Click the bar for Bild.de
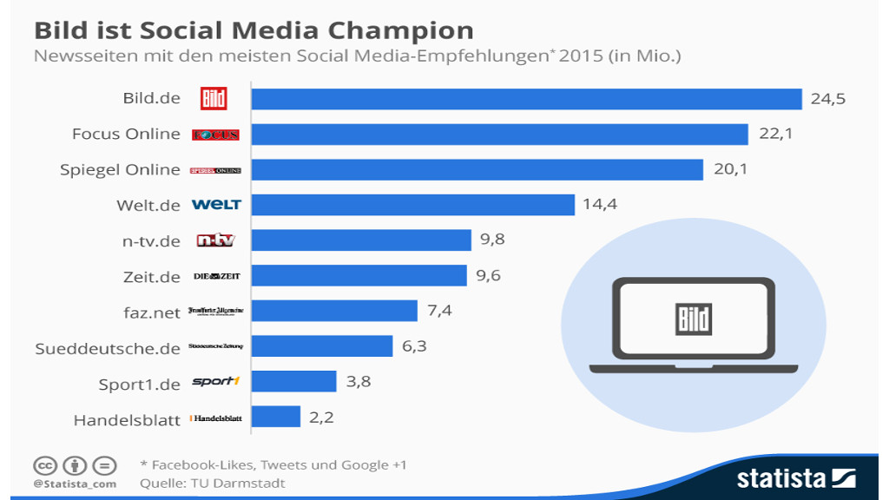(526, 99)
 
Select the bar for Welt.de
(412, 205)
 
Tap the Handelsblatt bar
(275, 418)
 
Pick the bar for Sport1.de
(293, 382)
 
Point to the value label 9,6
(489, 276)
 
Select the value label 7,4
(439, 311)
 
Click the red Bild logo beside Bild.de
(214, 98)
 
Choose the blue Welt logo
(216, 205)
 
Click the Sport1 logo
(215, 382)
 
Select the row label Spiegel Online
(120, 169)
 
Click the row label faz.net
(152, 312)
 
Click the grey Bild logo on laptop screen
(694, 319)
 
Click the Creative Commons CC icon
(44, 464)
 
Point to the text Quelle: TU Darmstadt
(212, 483)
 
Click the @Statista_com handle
(75, 484)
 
